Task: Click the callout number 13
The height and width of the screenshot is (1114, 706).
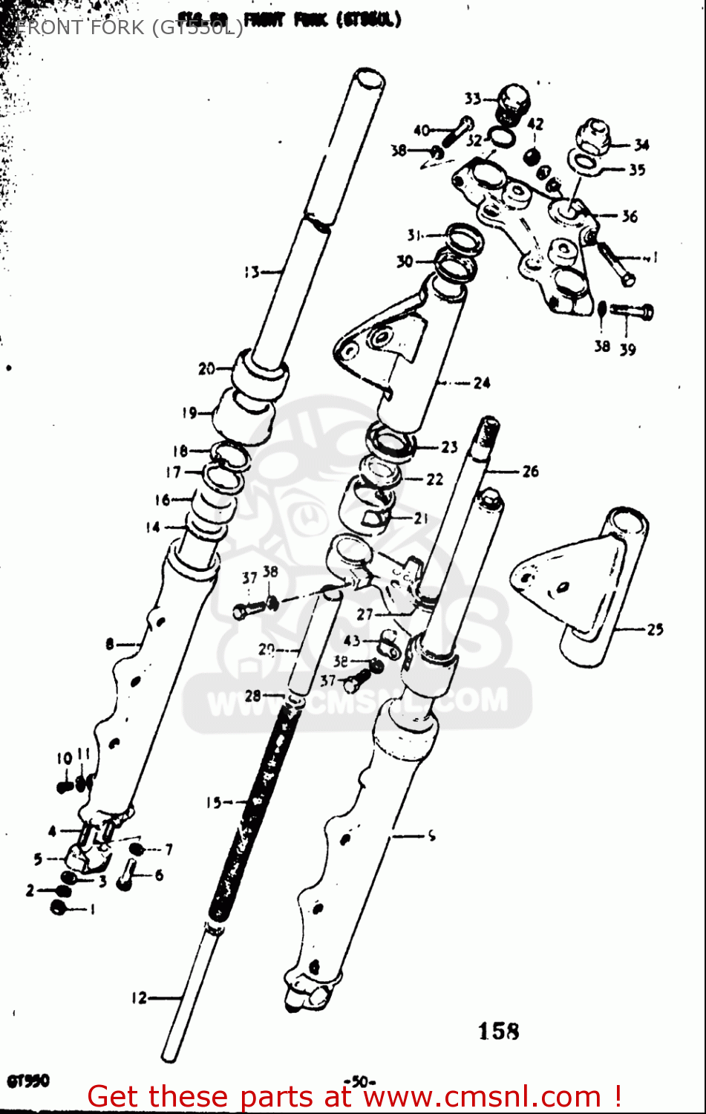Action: (x=252, y=273)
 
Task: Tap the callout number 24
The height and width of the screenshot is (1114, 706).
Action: (x=482, y=383)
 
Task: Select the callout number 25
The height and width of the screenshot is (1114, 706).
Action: (x=654, y=630)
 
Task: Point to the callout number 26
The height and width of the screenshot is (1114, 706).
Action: (x=530, y=471)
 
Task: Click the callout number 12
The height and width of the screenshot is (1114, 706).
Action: (x=140, y=998)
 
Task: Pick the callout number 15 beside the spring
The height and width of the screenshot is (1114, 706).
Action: (x=214, y=802)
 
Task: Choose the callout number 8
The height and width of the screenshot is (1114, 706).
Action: (x=110, y=644)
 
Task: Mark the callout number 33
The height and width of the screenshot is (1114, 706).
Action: (x=473, y=99)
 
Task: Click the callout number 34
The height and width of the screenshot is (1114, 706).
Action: (x=641, y=146)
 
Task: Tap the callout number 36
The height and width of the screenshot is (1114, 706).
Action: (x=630, y=216)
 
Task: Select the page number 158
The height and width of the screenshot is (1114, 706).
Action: (x=498, y=1032)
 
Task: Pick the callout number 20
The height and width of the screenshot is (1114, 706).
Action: (x=206, y=368)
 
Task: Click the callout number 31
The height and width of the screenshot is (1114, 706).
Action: (x=414, y=235)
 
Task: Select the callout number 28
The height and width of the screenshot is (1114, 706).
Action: (x=253, y=696)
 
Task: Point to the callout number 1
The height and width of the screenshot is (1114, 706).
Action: (x=92, y=909)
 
